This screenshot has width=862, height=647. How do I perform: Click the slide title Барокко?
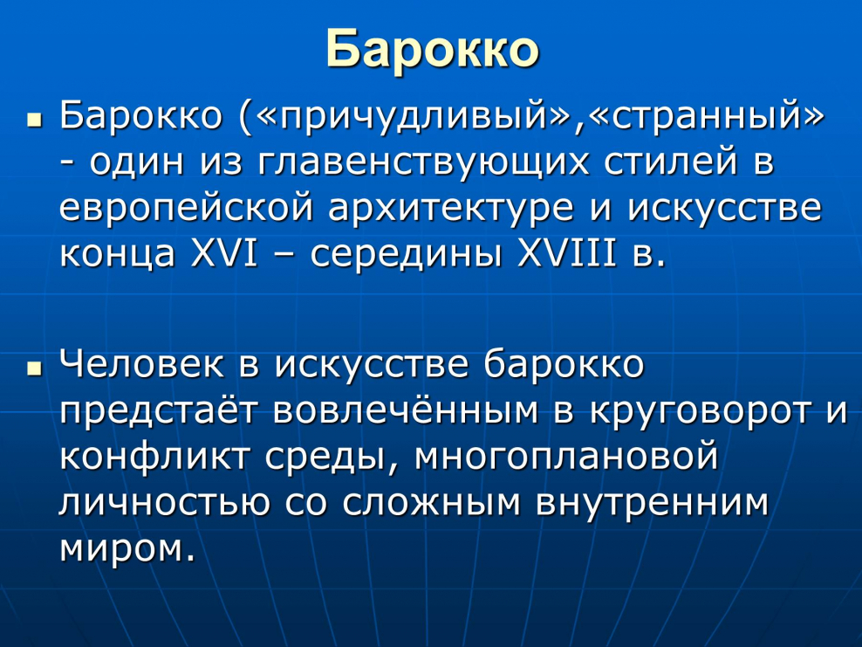[432, 48]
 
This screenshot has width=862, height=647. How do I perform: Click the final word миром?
[126, 548]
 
